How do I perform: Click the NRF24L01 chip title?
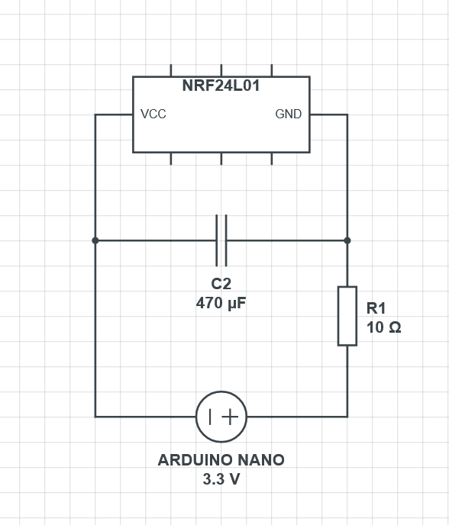click(221, 85)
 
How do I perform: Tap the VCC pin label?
click(153, 114)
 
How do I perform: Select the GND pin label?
click(289, 114)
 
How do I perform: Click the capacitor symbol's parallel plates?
click(221, 240)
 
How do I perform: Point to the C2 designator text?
click(221, 284)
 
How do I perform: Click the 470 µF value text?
click(221, 304)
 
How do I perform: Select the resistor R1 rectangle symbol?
click(347, 316)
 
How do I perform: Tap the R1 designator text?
click(376, 308)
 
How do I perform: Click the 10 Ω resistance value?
click(383, 327)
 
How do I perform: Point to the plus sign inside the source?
click(230, 417)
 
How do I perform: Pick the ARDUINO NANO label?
click(221, 460)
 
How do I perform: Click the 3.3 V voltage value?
click(221, 479)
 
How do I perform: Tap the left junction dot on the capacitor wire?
click(95, 240)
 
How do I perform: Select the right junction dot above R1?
click(347, 240)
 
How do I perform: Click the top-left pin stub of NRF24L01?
click(171, 70)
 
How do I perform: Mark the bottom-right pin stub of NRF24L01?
click(272, 159)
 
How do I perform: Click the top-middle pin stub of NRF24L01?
click(221, 70)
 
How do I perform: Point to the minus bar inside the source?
click(210, 417)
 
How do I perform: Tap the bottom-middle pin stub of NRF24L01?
click(221, 159)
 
